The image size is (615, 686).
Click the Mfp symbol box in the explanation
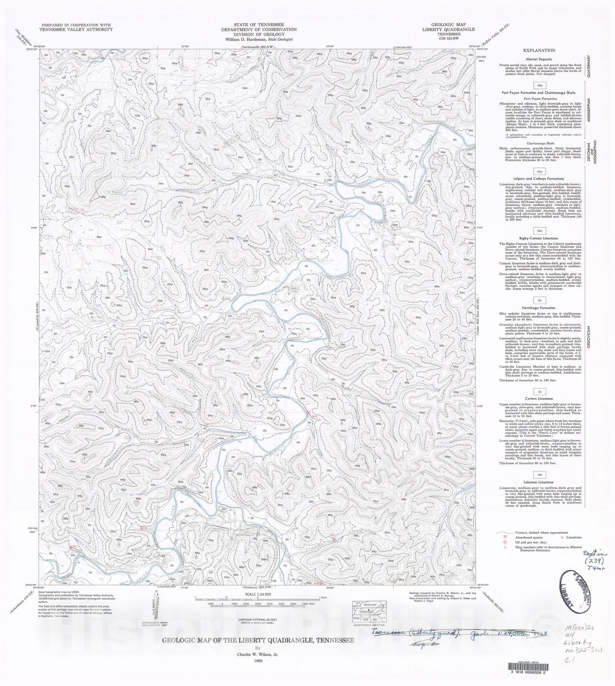pyautogui.click(x=540, y=85)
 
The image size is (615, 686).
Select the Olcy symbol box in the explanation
pyautogui.click(x=540, y=171)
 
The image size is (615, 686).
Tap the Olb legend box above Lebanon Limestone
pyautogui.click(x=540, y=475)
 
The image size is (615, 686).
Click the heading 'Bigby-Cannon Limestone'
pyautogui.click(x=540, y=238)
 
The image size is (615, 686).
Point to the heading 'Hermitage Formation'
pyautogui.click(x=540, y=307)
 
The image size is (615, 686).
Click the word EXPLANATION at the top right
pyautogui.click(x=539, y=50)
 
